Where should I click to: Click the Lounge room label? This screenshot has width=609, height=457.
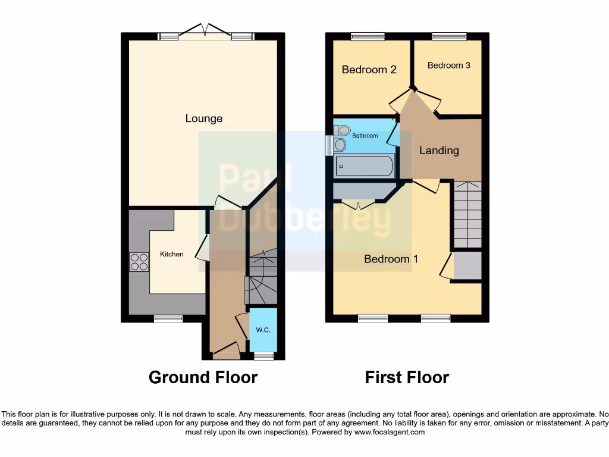point(204,118)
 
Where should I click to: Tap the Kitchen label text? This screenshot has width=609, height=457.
point(172,254)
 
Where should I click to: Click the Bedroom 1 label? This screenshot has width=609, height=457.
point(391,259)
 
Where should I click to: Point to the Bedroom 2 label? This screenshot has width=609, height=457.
point(369,70)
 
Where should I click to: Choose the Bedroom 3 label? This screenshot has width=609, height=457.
point(448,65)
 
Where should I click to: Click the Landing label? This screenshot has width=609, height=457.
point(439,151)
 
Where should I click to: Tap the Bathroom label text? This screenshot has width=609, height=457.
point(365,136)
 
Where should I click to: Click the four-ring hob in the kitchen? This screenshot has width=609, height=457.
point(139,262)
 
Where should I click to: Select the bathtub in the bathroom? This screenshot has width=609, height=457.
point(364,166)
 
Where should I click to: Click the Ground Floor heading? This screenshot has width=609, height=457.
point(203,377)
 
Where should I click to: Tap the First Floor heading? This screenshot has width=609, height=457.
point(407,377)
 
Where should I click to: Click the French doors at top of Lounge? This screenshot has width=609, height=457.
point(205,33)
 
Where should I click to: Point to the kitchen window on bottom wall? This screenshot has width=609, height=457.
point(168,319)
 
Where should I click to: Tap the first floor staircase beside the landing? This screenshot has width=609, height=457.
point(467,214)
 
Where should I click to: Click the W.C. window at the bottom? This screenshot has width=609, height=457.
point(263,356)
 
